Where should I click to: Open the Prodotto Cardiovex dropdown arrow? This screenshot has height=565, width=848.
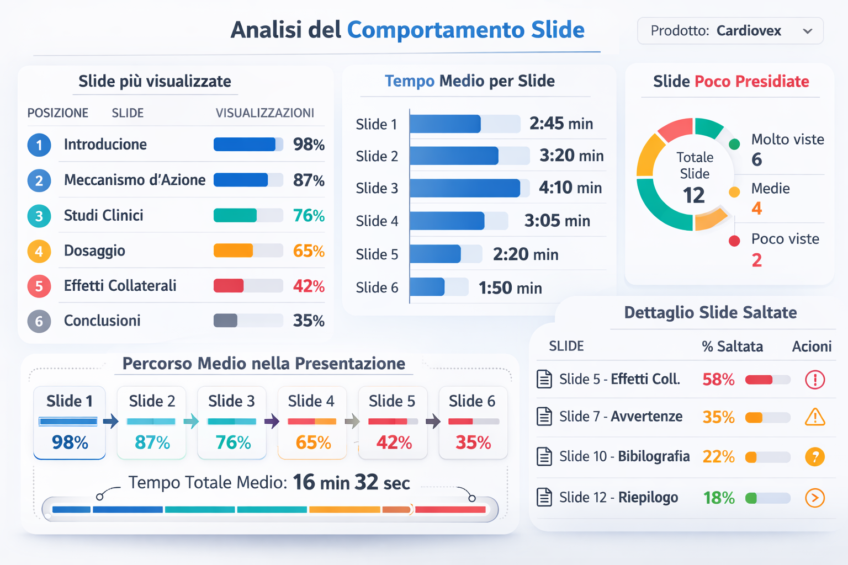[x=808, y=31]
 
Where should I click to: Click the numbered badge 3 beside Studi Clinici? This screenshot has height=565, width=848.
[x=39, y=216]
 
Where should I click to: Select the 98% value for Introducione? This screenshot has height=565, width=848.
[x=309, y=145]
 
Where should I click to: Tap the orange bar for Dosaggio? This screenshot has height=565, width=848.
[x=234, y=250]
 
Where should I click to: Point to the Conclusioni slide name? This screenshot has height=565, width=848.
[x=102, y=321]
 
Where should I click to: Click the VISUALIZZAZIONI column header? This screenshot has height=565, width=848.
[x=264, y=113]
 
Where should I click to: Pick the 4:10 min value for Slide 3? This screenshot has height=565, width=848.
[x=570, y=188]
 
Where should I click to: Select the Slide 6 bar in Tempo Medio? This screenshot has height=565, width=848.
[x=427, y=287]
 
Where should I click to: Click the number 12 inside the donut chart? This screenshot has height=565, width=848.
[x=694, y=195]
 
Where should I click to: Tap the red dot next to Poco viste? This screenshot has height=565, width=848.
[x=734, y=241]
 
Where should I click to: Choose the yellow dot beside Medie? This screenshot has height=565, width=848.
[x=734, y=192]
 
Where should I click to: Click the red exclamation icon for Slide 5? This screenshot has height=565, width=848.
[x=815, y=380]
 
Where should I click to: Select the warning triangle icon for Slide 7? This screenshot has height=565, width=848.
[x=815, y=417]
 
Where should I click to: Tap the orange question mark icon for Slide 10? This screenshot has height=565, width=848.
[x=815, y=457]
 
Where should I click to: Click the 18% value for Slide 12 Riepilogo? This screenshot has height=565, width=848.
[x=719, y=498]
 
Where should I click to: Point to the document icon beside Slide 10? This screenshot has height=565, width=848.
[x=544, y=457]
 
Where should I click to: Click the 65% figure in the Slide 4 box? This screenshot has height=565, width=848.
[x=313, y=443]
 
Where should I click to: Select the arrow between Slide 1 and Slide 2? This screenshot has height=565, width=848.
[x=111, y=422]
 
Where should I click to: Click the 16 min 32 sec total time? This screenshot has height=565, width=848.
[x=351, y=483]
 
